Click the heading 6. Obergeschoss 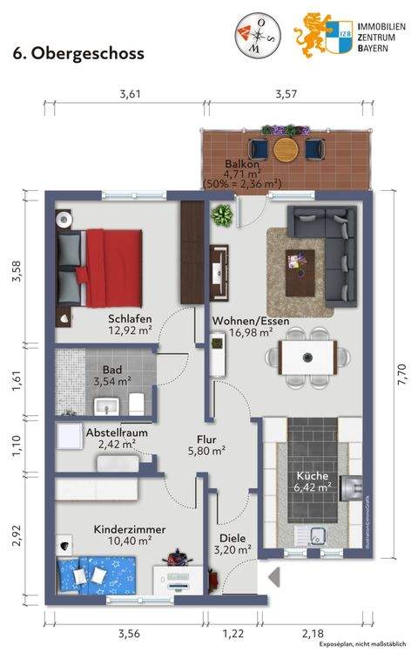pos(78,53)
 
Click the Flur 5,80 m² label pos(207,446)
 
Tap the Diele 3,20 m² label pos(233,544)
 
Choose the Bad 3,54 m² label pos(111,376)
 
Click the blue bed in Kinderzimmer pos(97,576)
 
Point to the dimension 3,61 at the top pos(129,93)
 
